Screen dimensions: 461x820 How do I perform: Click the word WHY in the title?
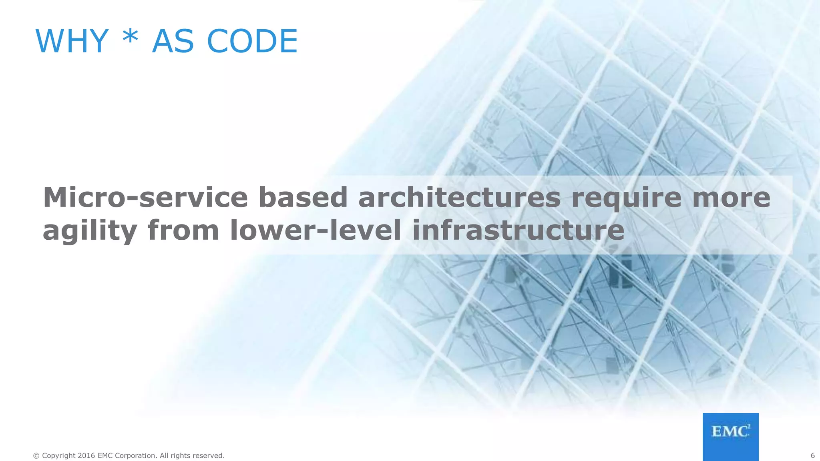72,41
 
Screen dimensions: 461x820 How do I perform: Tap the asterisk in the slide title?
130,39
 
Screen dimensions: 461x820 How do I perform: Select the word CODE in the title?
252,41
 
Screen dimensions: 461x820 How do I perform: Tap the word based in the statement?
303,197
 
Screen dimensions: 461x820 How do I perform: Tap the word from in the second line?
183,231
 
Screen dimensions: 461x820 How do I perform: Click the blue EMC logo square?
730,437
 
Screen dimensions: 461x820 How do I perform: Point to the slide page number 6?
812,455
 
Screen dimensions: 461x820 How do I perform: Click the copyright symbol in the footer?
36,456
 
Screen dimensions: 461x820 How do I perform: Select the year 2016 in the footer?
86,455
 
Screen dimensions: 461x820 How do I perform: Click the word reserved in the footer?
208,455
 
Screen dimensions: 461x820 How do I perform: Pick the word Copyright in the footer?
59,456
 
